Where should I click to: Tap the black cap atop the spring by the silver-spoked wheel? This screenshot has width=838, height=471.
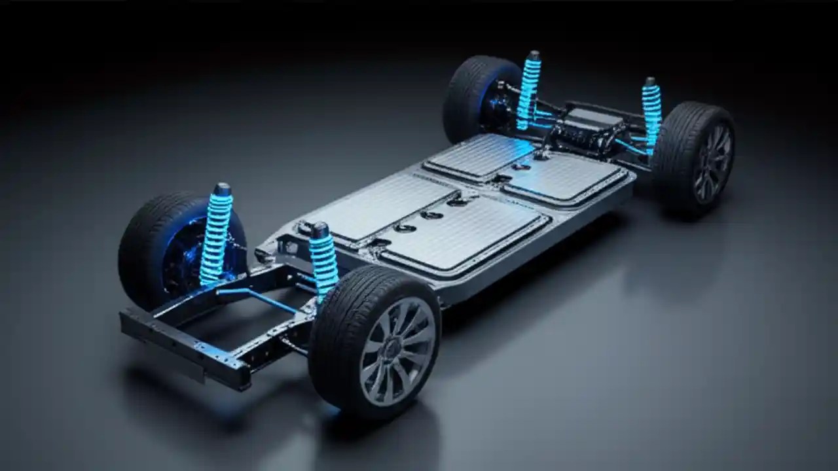pyautogui.click(x=319, y=230)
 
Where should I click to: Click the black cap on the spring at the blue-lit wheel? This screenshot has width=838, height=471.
pyautogui.click(x=223, y=189)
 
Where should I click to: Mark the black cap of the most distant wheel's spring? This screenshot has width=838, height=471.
pyautogui.click(x=534, y=56)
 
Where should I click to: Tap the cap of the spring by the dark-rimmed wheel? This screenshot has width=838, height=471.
pyautogui.click(x=650, y=82)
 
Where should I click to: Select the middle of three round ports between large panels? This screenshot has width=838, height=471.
pyautogui.click(x=432, y=215)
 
